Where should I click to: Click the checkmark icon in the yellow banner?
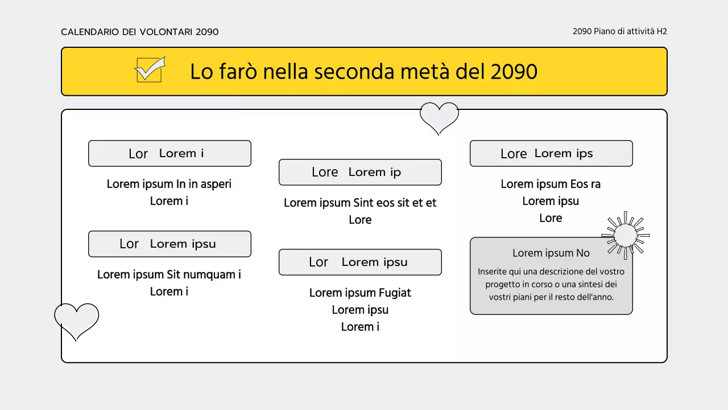(150, 70)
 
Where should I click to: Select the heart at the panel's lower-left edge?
(77, 319)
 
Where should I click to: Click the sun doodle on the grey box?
(626, 235)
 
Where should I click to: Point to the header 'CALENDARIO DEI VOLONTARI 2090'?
(140, 32)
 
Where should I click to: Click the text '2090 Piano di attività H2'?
(619, 31)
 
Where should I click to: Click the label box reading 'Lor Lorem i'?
(169, 153)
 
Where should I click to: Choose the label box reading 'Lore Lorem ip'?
(360, 172)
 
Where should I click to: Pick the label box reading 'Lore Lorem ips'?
(551, 153)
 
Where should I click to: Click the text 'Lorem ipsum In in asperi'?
(169, 184)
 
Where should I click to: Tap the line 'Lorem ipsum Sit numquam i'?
(169, 274)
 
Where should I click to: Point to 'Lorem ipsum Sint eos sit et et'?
(360, 203)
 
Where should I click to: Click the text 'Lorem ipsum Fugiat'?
(360, 293)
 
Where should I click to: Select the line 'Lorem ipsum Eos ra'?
(551, 184)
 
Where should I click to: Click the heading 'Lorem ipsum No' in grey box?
(551, 253)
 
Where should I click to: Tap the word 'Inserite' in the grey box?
(493, 272)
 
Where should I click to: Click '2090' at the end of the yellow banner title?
(514, 72)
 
